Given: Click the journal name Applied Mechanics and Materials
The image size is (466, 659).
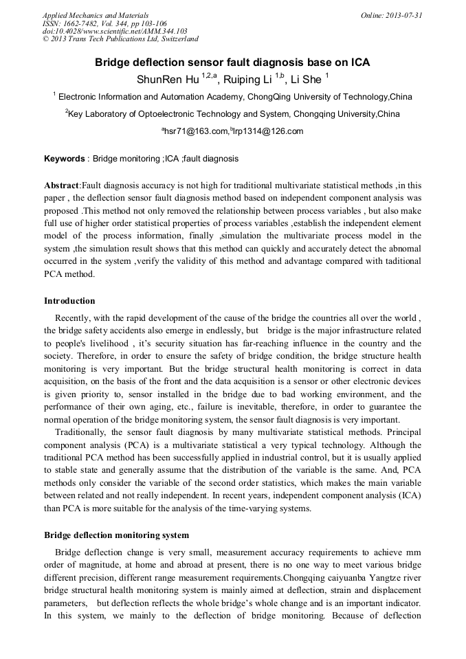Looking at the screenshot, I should [96, 14].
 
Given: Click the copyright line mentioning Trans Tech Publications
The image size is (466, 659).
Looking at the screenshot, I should [120, 39].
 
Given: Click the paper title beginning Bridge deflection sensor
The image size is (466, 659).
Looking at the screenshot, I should [232, 63].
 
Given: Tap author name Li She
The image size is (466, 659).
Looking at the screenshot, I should [305, 79].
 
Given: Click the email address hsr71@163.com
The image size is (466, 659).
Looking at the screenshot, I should [196, 131].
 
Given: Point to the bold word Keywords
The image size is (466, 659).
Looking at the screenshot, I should [64, 159].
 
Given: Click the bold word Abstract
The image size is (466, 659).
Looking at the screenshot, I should [62, 186].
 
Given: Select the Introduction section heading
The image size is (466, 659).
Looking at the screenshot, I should [69, 301].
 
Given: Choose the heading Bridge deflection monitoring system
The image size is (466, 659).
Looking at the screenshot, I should [116, 535].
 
